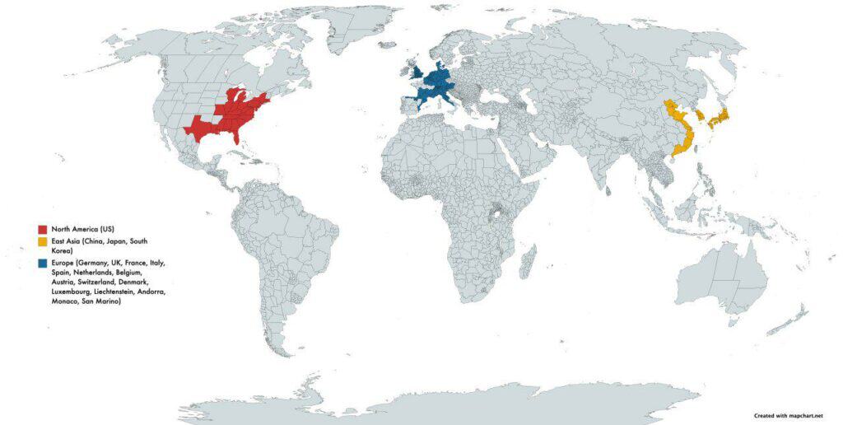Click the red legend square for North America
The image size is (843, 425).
[43, 228]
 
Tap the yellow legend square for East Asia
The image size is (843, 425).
[43, 241]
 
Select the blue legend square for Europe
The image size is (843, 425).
[43, 264]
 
